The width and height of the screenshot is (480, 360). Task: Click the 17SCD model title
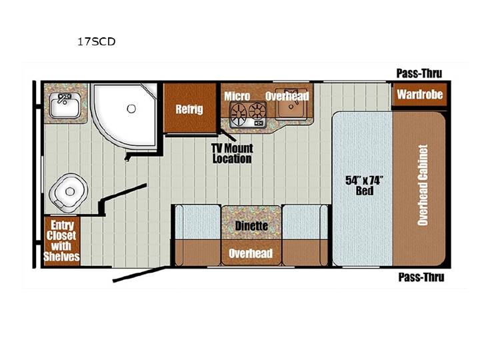pos(97,41)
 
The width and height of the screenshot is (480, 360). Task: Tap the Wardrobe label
pos(420,94)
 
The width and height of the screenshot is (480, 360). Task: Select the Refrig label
pos(189,109)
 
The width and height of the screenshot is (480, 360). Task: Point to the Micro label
pos(237,96)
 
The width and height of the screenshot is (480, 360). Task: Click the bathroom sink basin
pos(65,105)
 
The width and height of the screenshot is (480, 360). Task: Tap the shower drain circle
pos(131,109)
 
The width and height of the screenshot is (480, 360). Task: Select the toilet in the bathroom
pos(68,193)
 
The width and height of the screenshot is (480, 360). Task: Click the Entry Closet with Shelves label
pos(62,241)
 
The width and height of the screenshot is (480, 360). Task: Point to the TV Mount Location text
pos(233,154)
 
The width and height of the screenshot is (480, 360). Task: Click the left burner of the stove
pos(239,113)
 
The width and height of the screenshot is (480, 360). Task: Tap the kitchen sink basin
pos(291,105)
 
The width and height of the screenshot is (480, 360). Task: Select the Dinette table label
pos(251,226)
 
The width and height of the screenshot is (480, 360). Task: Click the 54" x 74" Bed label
pos(364,186)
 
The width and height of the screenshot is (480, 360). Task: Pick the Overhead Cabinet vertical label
pos(423,185)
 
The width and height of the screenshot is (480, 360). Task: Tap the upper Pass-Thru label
pos(419,73)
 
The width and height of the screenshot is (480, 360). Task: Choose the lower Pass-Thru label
pos(421,277)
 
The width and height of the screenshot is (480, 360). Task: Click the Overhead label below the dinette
pos(251,253)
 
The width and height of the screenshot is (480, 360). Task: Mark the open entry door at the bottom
pos(139,274)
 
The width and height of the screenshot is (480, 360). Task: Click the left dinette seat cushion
pos(198,221)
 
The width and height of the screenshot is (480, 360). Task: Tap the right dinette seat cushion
pos(305,221)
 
